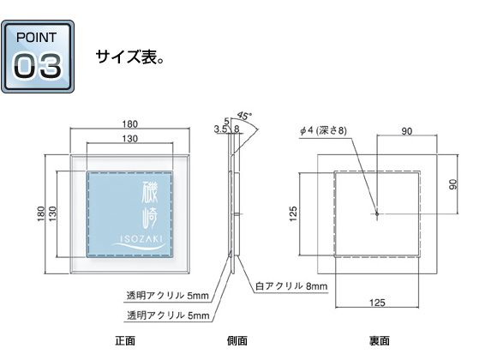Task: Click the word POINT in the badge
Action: point(37,38)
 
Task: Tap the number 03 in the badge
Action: point(38,66)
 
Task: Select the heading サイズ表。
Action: point(129,57)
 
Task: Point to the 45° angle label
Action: point(245,116)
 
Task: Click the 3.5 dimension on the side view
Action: point(220,129)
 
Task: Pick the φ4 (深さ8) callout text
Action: point(323,130)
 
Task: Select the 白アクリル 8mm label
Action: point(291,286)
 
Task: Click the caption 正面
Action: point(125,340)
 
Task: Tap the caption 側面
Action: point(237,340)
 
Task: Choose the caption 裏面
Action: point(380,340)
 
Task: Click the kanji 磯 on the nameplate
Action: point(150,192)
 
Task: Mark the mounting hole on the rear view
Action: point(377,214)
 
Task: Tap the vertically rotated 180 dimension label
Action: point(41,213)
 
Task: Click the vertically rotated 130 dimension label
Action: point(52,213)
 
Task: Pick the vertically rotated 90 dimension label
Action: point(453,184)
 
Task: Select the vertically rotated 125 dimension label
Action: point(294,213)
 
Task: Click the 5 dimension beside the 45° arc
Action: point(226,121)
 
